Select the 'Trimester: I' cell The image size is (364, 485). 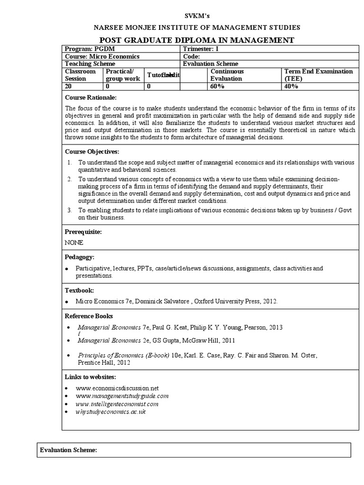pyautogui.click(x=201, y=49)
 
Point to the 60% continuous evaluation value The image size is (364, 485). pyautogui.click(x=218, y=87)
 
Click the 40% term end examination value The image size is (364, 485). pyautogui.click(x=291, y=87)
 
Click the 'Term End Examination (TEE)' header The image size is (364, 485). pyautogui.click(x=318, y=75)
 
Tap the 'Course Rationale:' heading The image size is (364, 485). pyautogui.click(x=90, y=97)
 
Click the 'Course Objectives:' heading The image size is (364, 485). pyautogui.click(x=92, y=152)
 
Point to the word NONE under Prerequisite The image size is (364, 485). pyautogui.click(x=74, y=242)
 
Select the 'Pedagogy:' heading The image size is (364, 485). pyautogui.click(x=80, y=257)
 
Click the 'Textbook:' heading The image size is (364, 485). pyautogui.click(x=79, y=290)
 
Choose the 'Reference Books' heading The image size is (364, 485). pyautogui.click(x=89, y=316)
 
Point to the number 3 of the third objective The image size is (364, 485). pyautogui.click(x=69, y=210)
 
